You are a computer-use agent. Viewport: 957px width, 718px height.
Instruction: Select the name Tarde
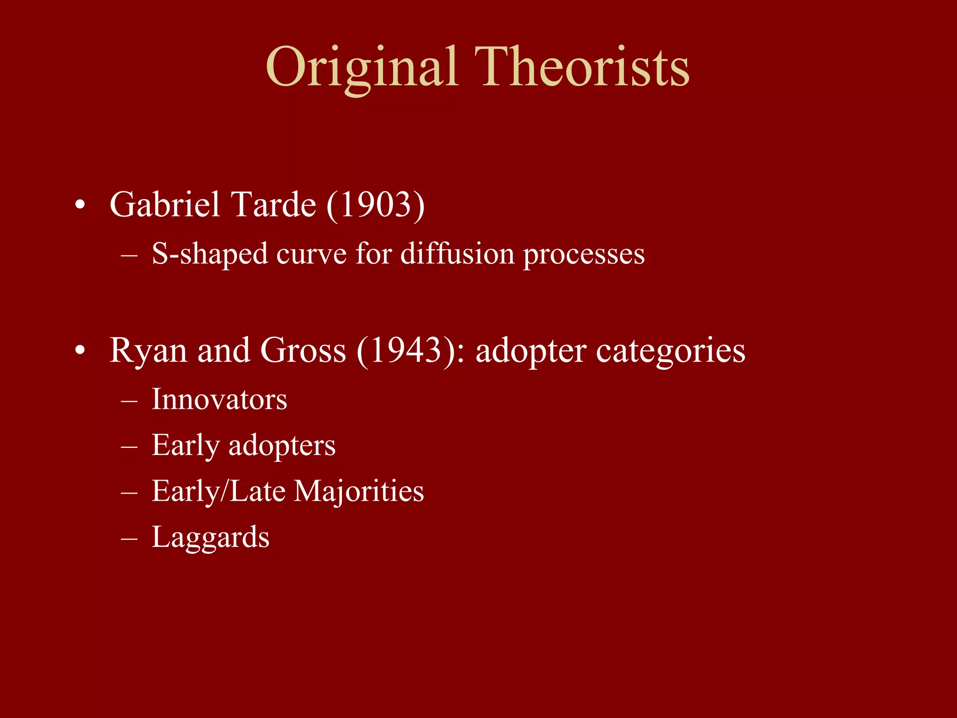coord(274,205)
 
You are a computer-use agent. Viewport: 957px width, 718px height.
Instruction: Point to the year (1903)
coord(375,205)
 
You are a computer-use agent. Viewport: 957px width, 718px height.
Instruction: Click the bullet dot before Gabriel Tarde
coord(80,206)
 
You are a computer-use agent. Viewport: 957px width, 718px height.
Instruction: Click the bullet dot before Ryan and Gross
coord(80,351)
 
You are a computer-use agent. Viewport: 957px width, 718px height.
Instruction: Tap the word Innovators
coord(219,400)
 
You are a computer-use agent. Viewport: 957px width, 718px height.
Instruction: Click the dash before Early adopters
coord(129,447)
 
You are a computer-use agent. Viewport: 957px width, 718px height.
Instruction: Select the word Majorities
coord(359,492)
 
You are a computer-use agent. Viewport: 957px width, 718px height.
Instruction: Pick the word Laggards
coord(210,538)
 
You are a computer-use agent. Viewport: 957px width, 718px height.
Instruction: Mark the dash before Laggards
coord(129,538)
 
